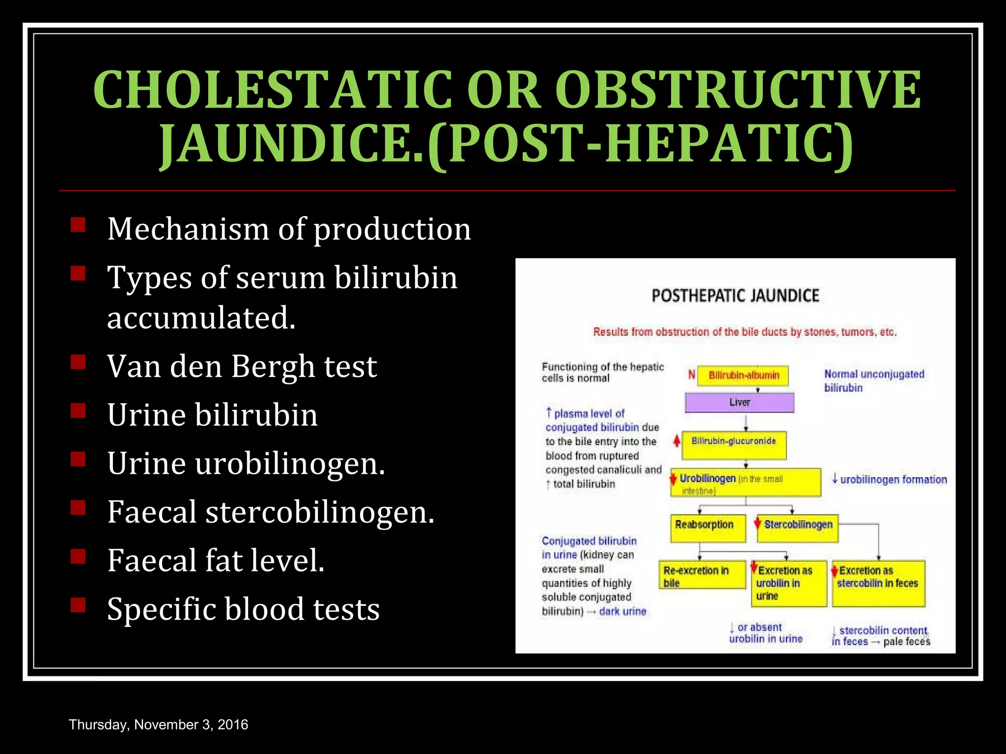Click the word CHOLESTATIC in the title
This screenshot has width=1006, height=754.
273,89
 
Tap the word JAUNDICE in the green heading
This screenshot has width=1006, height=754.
290,143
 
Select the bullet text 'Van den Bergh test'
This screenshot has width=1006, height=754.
242,366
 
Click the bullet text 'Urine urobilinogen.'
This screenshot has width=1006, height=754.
246,463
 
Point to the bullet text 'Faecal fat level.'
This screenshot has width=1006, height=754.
216,560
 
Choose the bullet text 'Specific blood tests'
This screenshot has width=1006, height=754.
243,609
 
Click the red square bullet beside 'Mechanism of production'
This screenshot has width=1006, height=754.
78,225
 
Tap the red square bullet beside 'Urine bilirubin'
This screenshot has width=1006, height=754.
78,410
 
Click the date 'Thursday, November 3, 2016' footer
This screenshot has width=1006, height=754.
158,725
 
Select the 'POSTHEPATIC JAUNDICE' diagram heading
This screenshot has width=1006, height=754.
735,296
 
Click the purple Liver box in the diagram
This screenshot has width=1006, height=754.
739,403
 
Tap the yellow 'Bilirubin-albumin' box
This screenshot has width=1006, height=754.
743,376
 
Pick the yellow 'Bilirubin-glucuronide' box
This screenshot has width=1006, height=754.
733,444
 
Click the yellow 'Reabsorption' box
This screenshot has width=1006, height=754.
707,528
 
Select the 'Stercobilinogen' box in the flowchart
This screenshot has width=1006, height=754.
798,528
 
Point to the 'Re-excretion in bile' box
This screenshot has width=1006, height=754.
701,575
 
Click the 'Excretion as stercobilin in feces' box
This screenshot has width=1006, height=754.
878,583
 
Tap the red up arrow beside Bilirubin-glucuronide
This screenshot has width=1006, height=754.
676,441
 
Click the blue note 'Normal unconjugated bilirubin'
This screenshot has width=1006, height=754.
874,381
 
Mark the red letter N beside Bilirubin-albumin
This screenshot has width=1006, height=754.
692,375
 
